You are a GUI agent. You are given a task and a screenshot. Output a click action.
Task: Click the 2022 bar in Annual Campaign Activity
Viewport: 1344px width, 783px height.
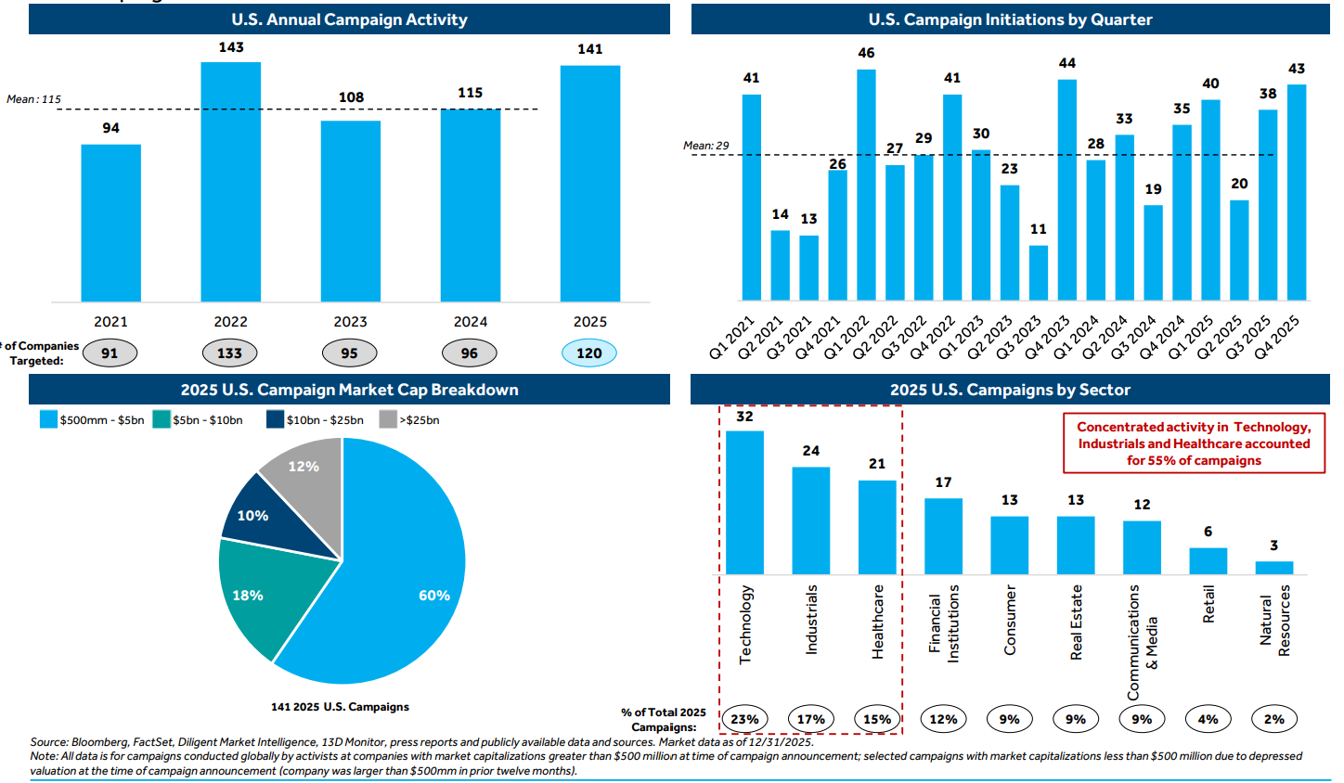230,182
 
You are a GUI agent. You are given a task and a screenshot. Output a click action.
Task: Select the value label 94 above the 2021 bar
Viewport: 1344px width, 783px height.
110,128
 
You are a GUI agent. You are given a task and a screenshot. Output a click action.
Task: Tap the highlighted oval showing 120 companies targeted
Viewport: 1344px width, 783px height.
588,353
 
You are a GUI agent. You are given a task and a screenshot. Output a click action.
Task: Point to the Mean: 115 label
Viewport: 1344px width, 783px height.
33,99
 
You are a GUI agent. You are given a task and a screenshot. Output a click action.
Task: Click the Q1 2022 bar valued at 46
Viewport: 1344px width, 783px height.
866,185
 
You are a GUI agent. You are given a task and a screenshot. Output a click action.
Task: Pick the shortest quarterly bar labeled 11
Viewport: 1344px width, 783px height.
1038,273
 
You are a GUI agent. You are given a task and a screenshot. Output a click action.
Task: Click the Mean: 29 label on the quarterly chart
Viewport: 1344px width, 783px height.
705,146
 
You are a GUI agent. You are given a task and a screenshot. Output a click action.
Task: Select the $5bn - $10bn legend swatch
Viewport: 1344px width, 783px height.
162,420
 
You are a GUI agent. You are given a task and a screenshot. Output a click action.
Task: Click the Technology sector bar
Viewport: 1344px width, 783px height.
744,502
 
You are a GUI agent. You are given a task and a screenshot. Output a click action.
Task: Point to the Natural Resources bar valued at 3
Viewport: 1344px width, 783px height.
1273,568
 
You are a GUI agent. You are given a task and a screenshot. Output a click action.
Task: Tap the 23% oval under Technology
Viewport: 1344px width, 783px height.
744,719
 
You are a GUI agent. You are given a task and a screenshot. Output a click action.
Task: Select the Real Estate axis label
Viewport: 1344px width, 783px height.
1076,622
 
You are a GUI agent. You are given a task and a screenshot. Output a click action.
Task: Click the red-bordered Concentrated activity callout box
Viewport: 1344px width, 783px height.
1194,443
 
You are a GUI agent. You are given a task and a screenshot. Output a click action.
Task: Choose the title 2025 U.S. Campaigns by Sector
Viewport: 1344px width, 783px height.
1010,390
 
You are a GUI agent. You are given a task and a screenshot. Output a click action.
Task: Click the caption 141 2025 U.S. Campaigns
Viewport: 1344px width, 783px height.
340,707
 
